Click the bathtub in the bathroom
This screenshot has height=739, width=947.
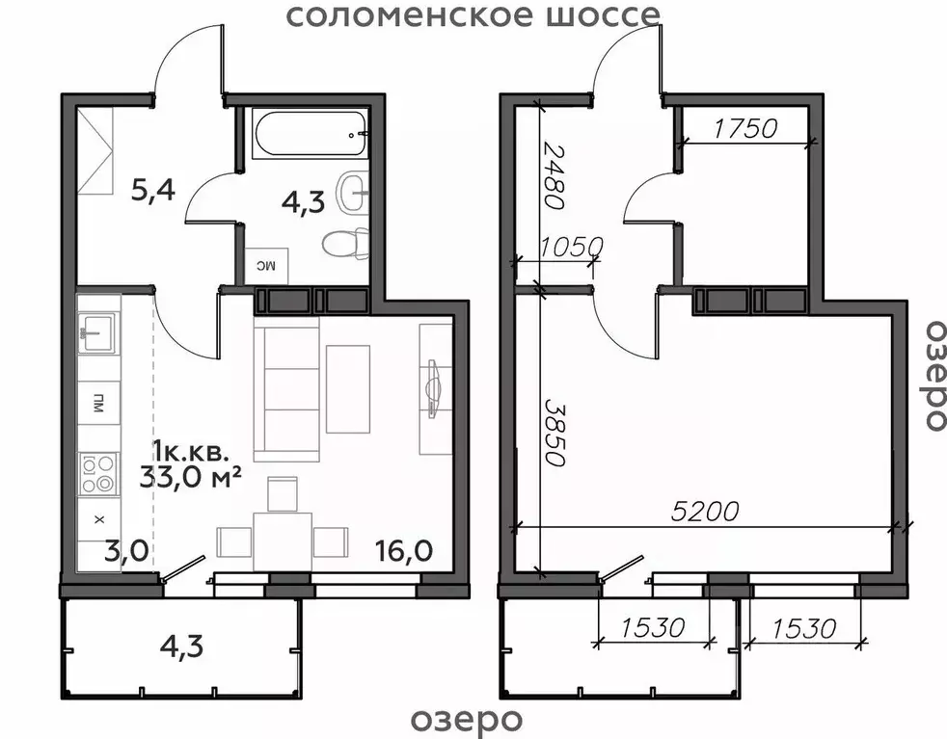point(309,133)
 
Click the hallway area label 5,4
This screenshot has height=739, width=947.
point(152,189)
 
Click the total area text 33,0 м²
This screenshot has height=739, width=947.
point(190,477)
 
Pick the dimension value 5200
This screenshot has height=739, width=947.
point(707,512)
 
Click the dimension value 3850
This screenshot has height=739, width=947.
point(553,433)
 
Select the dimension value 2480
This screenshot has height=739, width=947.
point(552,176)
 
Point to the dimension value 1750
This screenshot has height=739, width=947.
point(744,128)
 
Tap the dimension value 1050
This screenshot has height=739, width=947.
point(571,247)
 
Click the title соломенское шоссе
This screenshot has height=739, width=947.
point(473,15)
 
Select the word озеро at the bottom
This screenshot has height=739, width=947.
point(467,719)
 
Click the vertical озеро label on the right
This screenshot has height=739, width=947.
point(932,375)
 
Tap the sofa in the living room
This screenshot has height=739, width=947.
point(285,390)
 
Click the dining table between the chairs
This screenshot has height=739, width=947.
point(283,541)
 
